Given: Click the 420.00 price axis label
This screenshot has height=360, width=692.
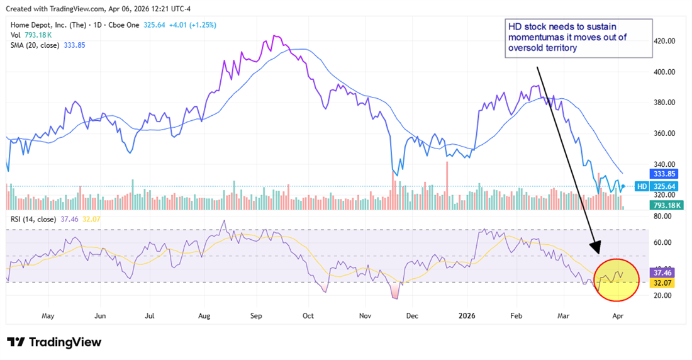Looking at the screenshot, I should (663, 41).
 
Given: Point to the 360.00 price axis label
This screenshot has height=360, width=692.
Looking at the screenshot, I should (663, 133).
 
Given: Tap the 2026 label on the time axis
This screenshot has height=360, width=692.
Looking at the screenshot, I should (466, 315).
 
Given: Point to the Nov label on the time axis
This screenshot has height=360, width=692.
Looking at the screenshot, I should (364, 315).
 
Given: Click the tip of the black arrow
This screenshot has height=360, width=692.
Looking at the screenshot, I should (595, 254).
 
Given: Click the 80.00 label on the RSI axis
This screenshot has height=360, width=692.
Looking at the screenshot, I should (663, 217).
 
